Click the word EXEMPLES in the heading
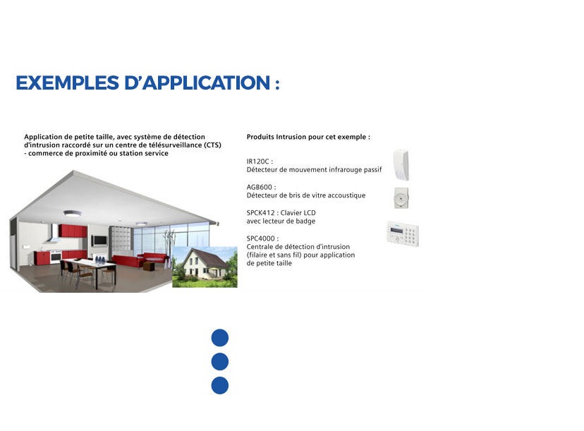(68, 83)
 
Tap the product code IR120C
(257, 162)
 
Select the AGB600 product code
(260, 187)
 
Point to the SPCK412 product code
(260, 213)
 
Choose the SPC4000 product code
(260, 238)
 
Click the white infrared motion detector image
(401, 164)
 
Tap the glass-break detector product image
(401, 198)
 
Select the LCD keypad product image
(403, 233)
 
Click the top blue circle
(220, 338)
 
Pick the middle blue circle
(220, 362)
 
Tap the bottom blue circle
(220, 386)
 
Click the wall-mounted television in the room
(99, 241)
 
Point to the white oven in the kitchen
(56, 256)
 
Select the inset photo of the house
(205, 267)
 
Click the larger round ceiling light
(72, 214)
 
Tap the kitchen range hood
(55, 235)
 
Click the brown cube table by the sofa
(148, 267)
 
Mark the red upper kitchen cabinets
(73, 231)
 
